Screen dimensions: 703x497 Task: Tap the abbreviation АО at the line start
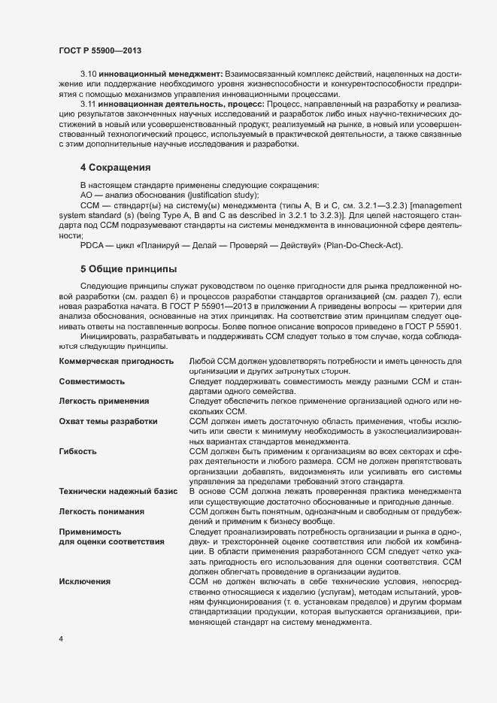pos(86,195)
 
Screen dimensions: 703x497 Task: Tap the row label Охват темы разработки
pos(108,421)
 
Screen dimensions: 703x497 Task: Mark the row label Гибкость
pos(78,451)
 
